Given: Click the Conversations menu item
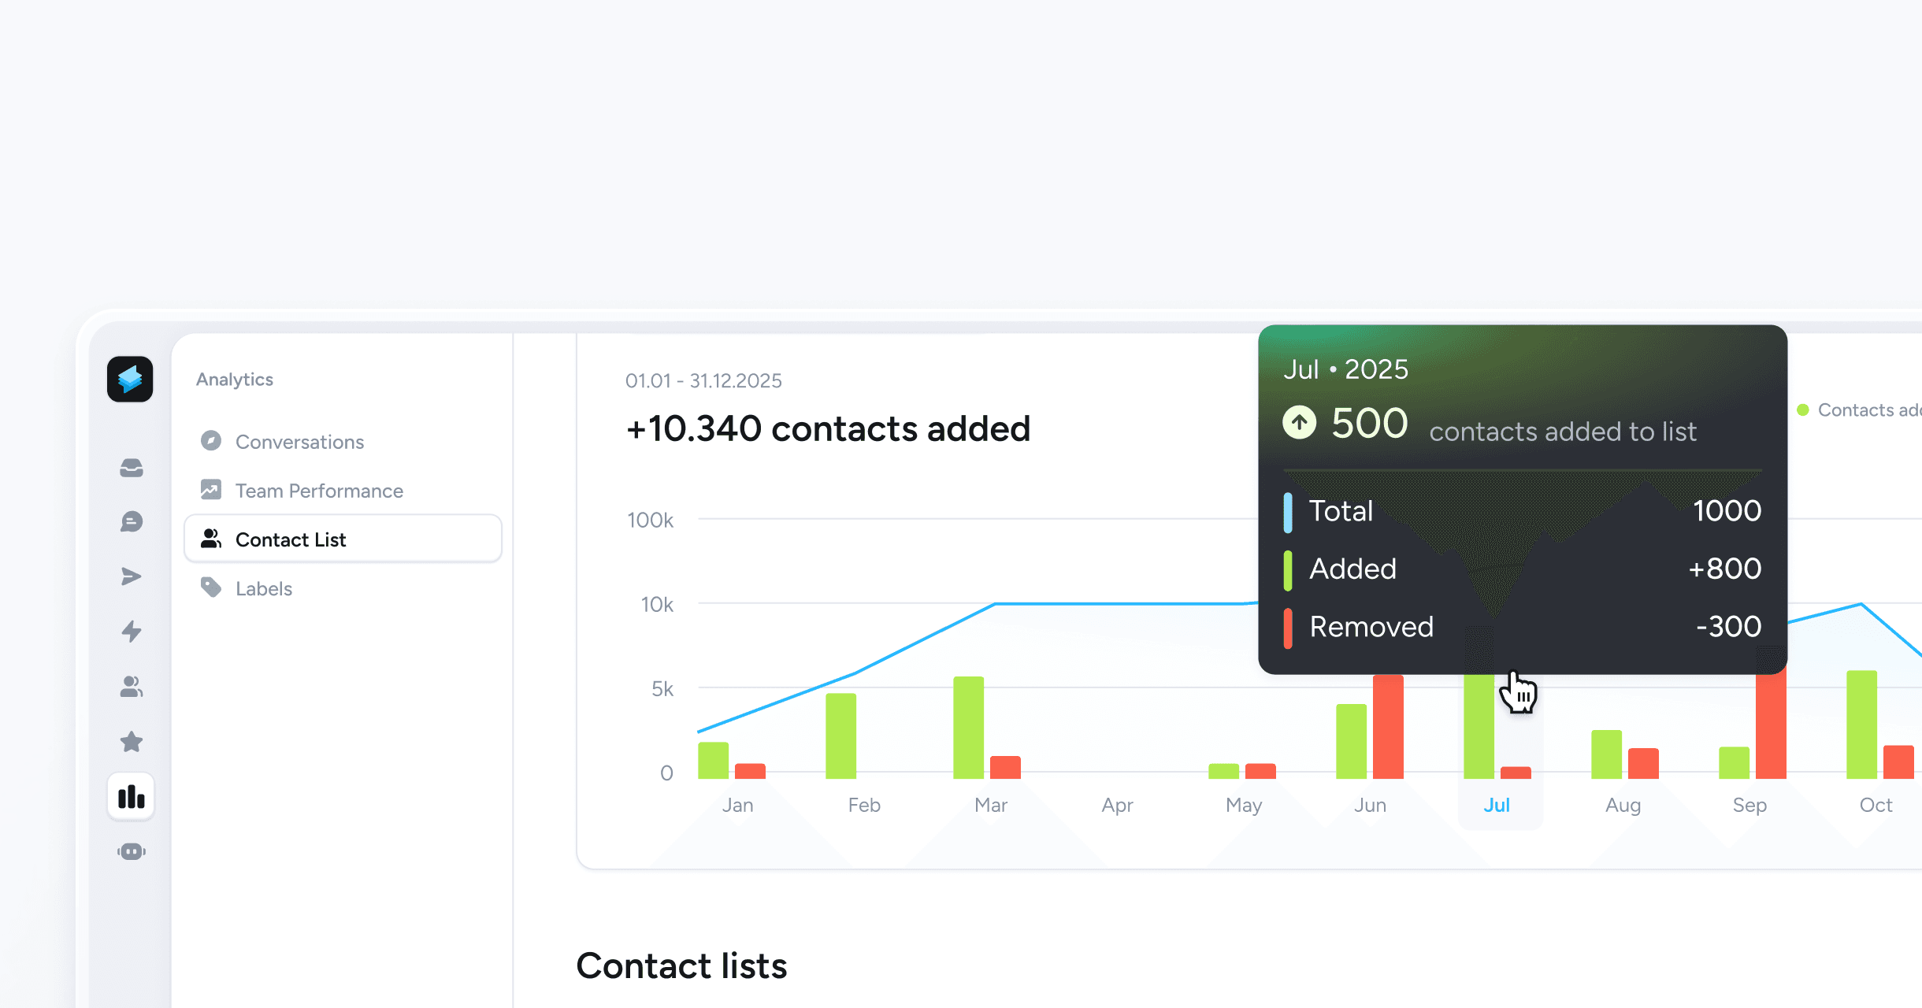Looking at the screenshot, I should tap(299, 442).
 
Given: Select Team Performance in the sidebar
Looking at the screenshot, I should tap(318, 491).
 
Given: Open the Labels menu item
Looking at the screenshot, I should tap(263, 588).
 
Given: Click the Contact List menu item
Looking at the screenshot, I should tap(290, 539).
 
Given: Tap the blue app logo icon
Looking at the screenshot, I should tap(130, 380).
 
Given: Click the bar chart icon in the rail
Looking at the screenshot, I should tap(132, 797).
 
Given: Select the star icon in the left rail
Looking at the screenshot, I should tap(132, 742).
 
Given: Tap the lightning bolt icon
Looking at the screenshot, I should tap(132, 632).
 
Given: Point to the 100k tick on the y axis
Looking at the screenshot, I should tap(650, 520).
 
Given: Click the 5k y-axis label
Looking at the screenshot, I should tap(662, 689).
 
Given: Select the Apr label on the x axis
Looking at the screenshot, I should tap(1117, 805).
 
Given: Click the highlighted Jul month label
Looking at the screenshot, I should tap(1497, 805).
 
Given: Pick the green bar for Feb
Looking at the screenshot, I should tap(840, 736).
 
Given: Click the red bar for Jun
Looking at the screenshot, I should tap(1388, 726).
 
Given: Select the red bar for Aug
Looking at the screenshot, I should tap(1643, 763).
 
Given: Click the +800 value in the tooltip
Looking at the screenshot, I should tap(1724, 569).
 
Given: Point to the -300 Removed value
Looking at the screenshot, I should tap(1728, 627).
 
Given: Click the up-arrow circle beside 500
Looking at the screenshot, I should tap(1299, 423).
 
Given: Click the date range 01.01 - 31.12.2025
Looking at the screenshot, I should tap(703, 381).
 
